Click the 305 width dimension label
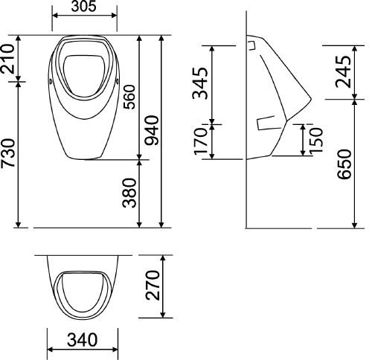pyautogui.click(x=85, y=7)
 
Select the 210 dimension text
pyautogui.click(x=8, y=59)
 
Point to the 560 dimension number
pyautogui.click(x=129, y=95)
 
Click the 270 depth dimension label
pyautogui.click(x=152, y=286)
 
